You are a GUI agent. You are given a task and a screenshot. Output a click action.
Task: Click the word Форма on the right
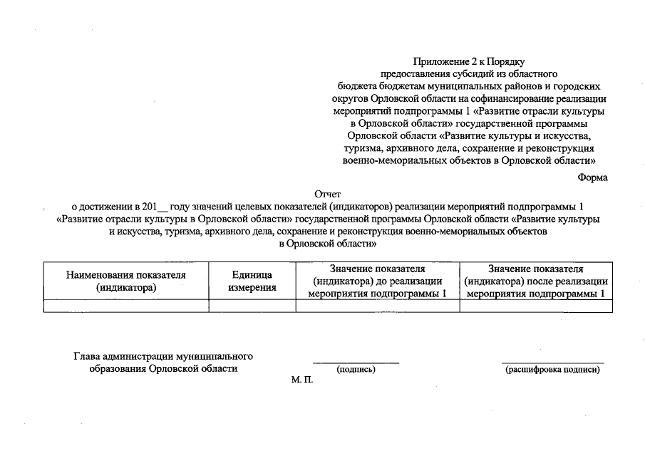(x=592, y=177)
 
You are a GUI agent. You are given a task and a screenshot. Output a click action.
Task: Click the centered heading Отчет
(x=328, y=194)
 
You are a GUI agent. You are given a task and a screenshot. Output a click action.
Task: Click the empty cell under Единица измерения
(x=252, y=306)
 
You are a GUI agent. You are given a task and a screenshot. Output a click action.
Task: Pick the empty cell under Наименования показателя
(x=126, y=306)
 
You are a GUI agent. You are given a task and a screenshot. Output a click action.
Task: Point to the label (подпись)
(x=356, y=369)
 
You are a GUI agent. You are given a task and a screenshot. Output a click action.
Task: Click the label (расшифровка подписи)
(x=552, y=369)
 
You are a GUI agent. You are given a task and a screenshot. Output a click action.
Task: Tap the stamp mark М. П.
(x=302, y=380)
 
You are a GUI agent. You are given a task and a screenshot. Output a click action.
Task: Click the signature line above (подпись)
(x=356, y=363)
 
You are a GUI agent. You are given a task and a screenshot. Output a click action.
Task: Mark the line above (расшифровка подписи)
(x=552, y=363)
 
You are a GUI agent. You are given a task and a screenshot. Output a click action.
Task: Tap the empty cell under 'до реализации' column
(x=378, y=306)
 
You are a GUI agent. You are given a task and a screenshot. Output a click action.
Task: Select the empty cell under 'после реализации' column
(x=536, y=306)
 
